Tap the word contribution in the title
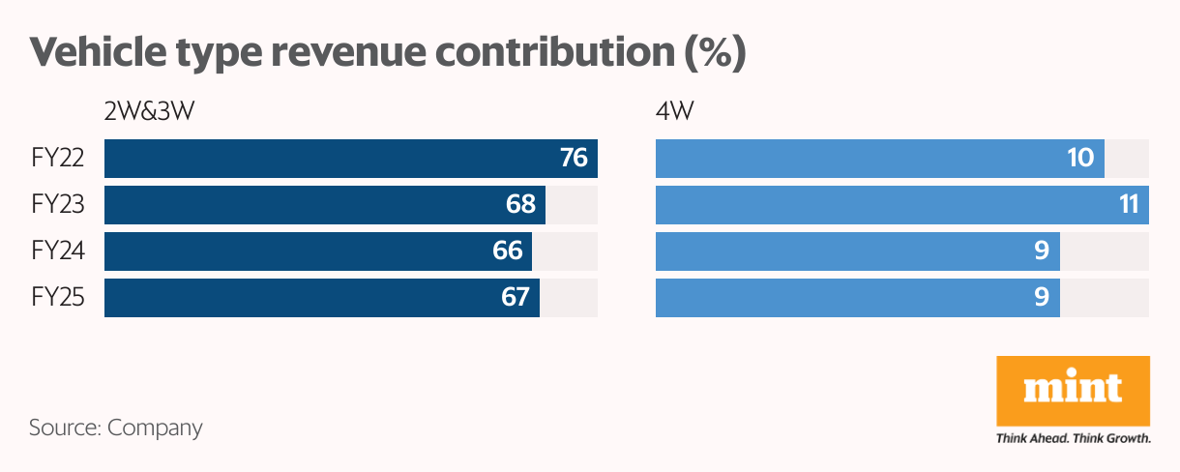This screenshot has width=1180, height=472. pos(549,53)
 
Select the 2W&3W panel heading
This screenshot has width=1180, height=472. pos(150,112)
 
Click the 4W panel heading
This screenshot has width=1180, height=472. pos(674,112)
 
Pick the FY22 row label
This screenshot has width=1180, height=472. pos(58,159)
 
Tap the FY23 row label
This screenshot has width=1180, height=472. pos(58,205)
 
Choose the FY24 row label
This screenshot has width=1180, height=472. pos(58,251)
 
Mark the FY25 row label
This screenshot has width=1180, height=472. pos(58,298)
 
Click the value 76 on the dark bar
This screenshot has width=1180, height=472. pos(574,158)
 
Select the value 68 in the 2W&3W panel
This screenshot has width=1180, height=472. pos(520,205)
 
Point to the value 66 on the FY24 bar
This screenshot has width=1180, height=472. pos(508,251)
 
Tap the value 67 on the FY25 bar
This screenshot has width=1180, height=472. pos(515,298)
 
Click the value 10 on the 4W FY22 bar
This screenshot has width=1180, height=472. pos(1080,158)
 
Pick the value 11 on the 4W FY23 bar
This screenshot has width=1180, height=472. pos(1126,205)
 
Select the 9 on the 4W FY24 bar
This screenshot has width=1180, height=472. pos(1042,251)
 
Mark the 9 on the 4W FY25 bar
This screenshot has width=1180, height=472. pos(1042,298)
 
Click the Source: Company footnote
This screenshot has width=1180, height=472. pos(116,428)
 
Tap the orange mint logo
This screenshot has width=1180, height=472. pos(1073,390)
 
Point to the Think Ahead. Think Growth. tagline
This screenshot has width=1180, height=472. pos(1073,438)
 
